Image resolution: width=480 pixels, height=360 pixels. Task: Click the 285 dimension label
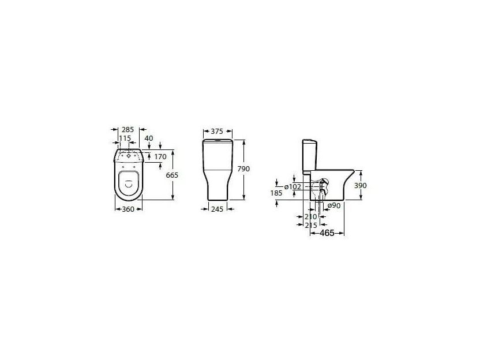tap(127, 130)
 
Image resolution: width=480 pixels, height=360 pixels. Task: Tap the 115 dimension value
tap(125, 138)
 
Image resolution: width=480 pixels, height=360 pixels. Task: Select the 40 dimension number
tap(149, 138)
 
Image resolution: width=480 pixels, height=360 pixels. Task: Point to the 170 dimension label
tap(160, 157)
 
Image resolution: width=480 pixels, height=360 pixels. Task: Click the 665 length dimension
tap(172, 175)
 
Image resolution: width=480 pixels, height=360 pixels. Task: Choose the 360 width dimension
tap(128, 209)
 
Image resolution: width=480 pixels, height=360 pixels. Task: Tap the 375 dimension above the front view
tap(217, 132)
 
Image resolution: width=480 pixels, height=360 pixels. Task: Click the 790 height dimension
tap(243, 168)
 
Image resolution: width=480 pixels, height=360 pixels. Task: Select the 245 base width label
tap(217, 209)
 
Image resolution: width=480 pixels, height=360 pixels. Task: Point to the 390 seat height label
tap(361, 186)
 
